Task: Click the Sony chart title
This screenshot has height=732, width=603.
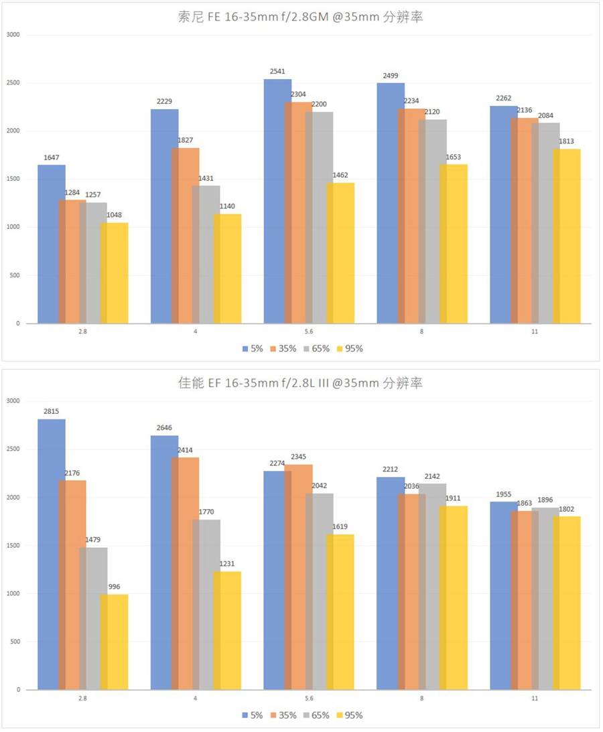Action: (x=301, y=17)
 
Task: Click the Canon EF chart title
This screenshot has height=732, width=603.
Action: (x=301, y=383)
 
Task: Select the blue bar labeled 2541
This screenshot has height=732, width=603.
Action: (x=277, y=201)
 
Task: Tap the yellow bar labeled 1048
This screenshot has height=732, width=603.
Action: (x=115, y=273)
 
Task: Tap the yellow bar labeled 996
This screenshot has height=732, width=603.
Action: (x=115, y=642)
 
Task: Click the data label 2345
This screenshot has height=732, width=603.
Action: (x=298, y=457)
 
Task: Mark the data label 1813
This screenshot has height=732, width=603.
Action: (x=567, y=141)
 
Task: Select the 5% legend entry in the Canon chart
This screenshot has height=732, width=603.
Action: (x=252, y=715)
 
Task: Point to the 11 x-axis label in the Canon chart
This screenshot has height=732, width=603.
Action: (x=535, y=698)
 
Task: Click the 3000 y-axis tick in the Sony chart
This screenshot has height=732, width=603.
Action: (x=13, y=35)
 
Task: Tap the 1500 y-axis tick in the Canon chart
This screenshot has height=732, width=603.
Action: (x=13, y=546)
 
